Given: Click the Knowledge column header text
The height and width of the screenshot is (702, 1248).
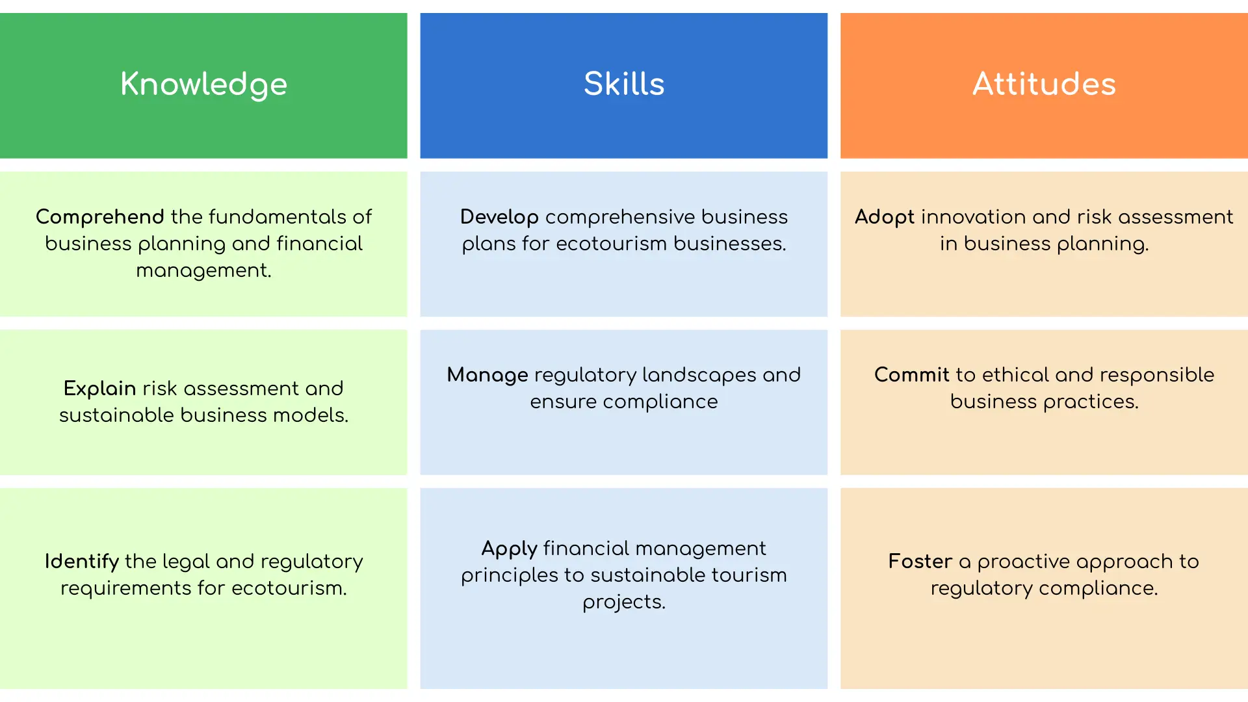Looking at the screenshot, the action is [x=203, y=84].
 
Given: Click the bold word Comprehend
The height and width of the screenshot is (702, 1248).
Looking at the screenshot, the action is [x=99, y=217].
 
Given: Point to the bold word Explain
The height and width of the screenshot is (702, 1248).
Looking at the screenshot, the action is [x=99, y=389].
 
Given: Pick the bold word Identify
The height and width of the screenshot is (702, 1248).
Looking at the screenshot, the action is [x=82, y=562].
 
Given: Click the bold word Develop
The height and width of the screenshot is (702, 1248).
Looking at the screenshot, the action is [x=499, y=217].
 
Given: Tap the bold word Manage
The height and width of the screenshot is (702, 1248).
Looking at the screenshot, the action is [x=487, y=375].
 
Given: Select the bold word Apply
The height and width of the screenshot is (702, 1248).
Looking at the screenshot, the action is [x=509, y=549].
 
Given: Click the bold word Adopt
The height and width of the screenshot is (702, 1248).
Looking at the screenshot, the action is [x=885, y=217].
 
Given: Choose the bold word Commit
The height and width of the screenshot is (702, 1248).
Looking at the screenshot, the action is [x=912, y=374].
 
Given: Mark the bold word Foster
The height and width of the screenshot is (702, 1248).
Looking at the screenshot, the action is [x=920, y=561].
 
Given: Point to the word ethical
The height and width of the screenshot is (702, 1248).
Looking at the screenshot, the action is [x=1016, y=374].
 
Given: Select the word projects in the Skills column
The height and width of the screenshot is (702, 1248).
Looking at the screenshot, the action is [x=624, y=602].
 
